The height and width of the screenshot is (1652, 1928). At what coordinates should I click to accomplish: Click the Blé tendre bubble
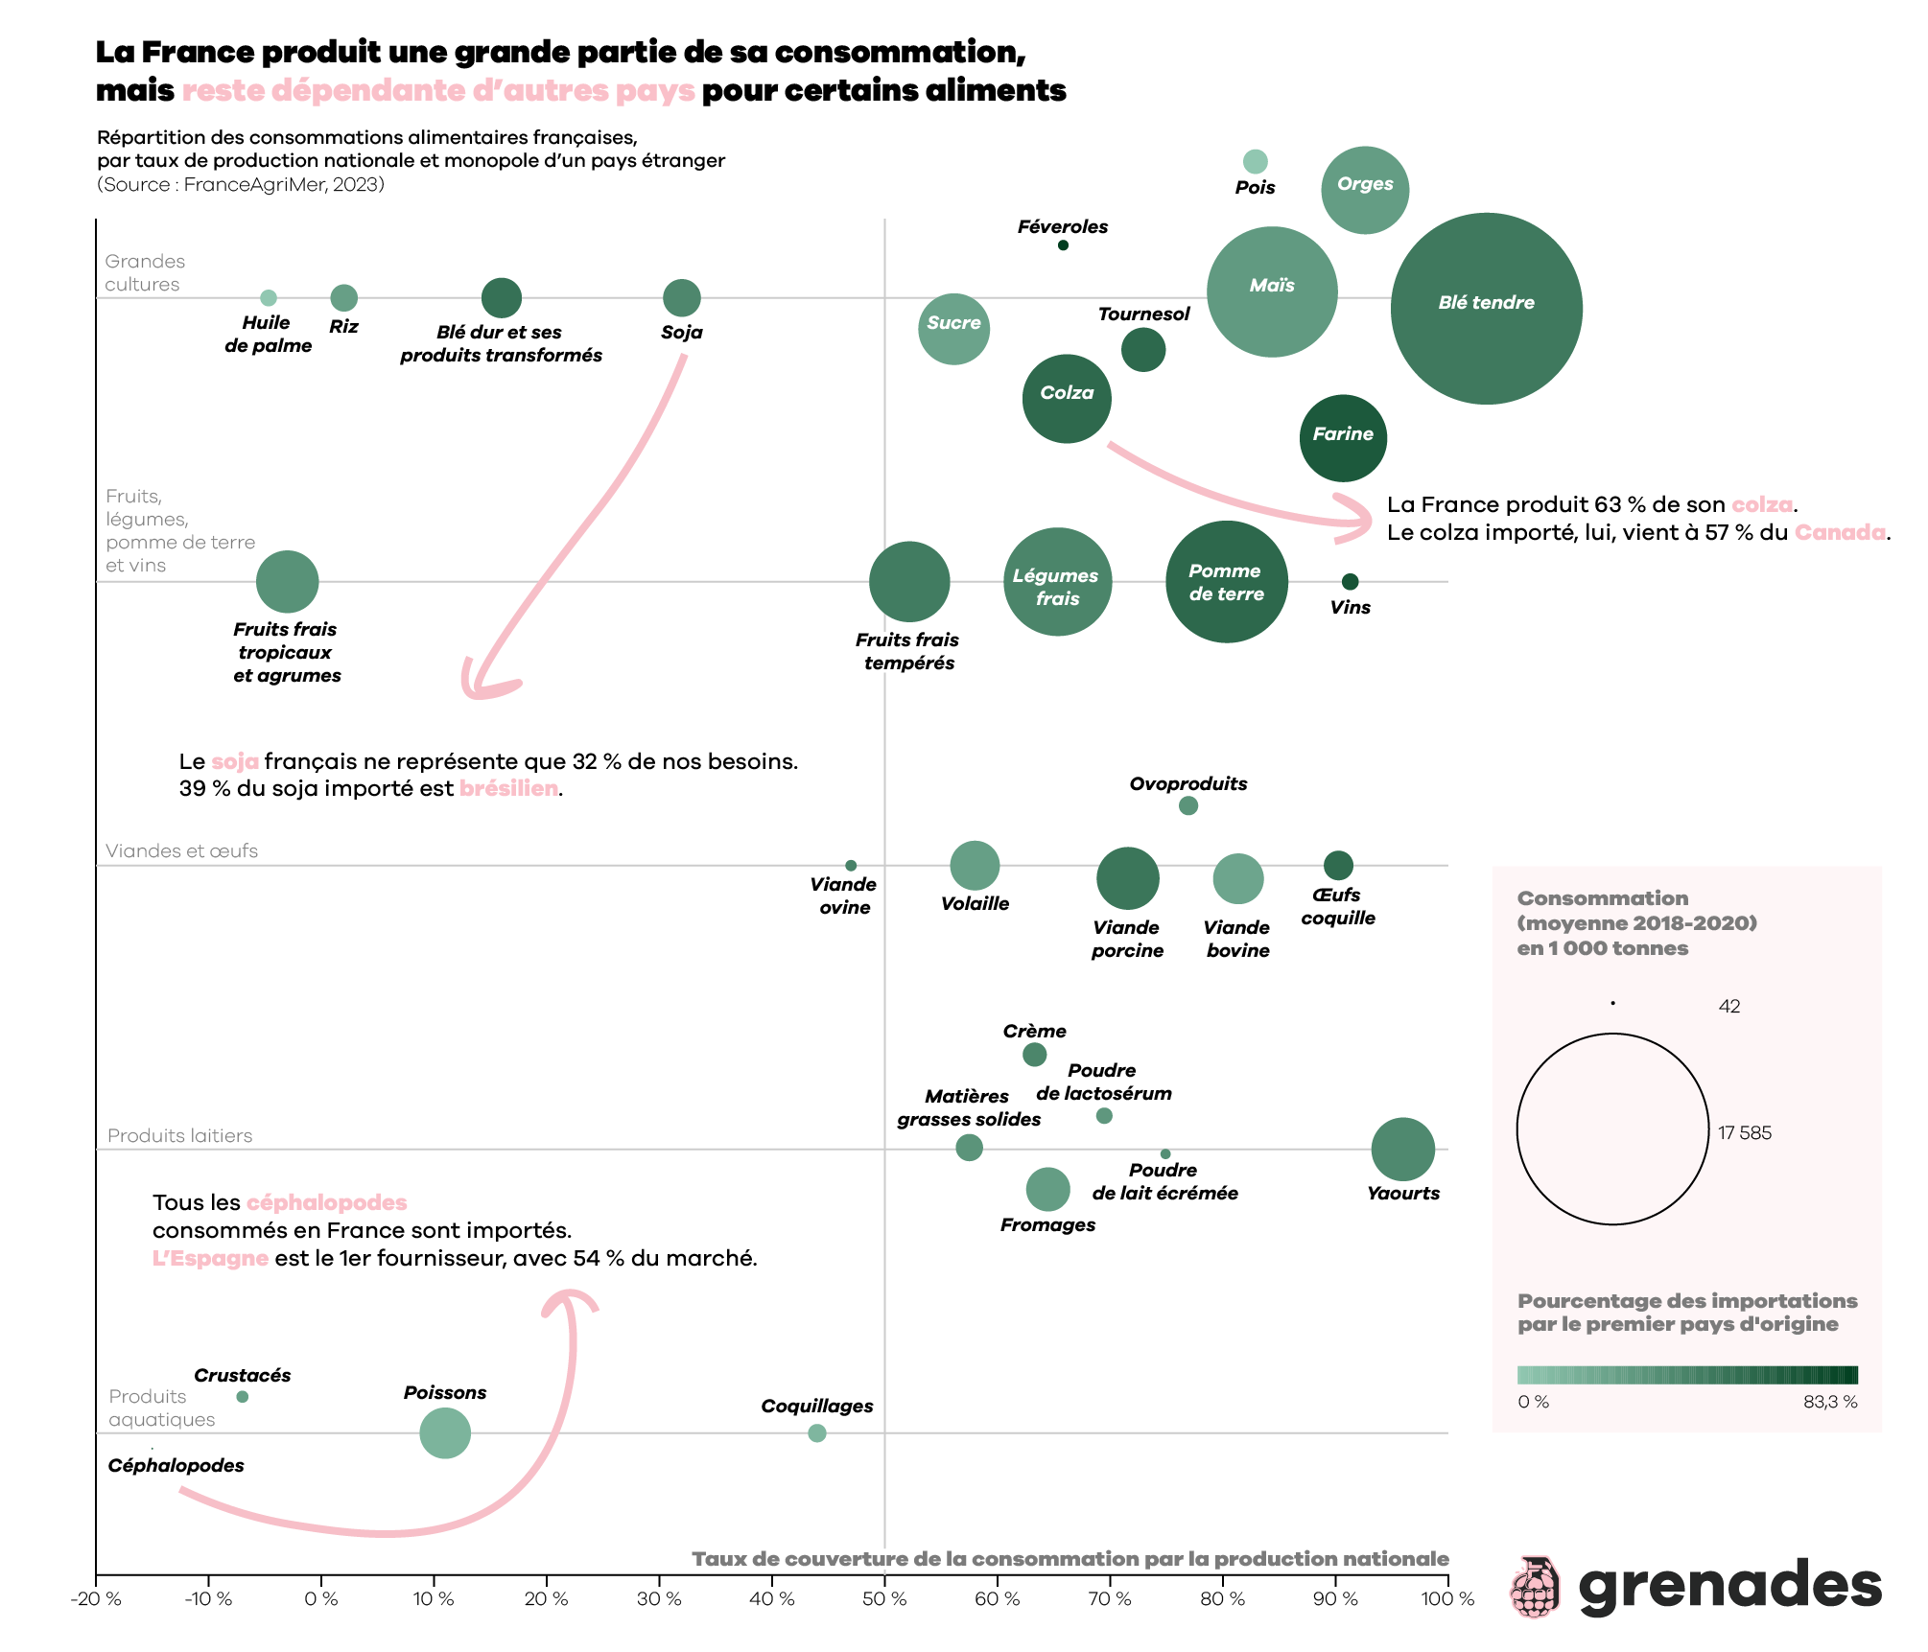click(1486, 309)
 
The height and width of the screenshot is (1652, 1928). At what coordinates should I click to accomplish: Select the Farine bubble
click(1343, 437)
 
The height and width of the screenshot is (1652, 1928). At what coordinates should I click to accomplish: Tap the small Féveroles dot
click(1063, 245)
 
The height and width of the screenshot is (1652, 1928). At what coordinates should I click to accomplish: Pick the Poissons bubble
click(445, 1433)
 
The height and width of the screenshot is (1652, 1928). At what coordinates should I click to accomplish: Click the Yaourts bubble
click(1402, 1149)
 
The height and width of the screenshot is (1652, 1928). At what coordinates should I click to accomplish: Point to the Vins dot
click(1350, 582)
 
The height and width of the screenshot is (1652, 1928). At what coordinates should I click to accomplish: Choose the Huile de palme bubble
click(269, 298)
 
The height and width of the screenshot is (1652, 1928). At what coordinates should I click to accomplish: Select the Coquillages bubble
click(817, 1433)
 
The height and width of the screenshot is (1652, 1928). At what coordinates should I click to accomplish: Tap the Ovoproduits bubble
click(1188, 805)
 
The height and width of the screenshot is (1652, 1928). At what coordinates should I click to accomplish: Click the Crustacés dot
click(243, 1397)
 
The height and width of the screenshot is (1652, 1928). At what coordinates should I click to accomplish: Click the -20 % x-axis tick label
click(96, 1599)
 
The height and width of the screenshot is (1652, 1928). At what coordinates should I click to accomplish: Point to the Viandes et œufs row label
click(181, 850)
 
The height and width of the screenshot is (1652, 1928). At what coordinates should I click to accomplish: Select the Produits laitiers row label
click(179, 1135)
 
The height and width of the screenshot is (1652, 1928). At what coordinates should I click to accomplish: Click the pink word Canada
click(1840, 532)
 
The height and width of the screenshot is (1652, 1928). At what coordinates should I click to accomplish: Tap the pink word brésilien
click(508, 788)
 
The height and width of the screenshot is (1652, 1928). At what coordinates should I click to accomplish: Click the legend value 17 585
click(1745, 1132)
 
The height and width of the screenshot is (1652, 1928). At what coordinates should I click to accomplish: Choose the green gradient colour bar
click(1687, 1374)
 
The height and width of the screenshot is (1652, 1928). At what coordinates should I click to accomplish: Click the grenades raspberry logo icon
click(1535, 1587)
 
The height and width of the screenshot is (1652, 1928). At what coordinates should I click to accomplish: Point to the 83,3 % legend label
click(1830, 1402)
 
